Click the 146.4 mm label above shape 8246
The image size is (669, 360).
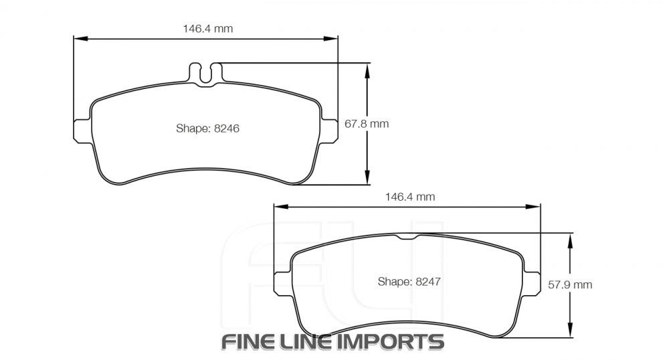[208, 28]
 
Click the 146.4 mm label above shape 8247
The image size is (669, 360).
[410, 197]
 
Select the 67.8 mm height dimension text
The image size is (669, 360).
[367, 124]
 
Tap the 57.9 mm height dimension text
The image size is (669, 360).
[570, 284]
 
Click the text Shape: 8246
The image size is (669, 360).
[207, 128]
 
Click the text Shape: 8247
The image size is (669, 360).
[408, 281]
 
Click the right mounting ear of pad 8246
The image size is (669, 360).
[330, 131]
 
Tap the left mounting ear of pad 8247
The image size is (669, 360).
[283, 282]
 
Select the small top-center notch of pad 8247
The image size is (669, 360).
[407, 237]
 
